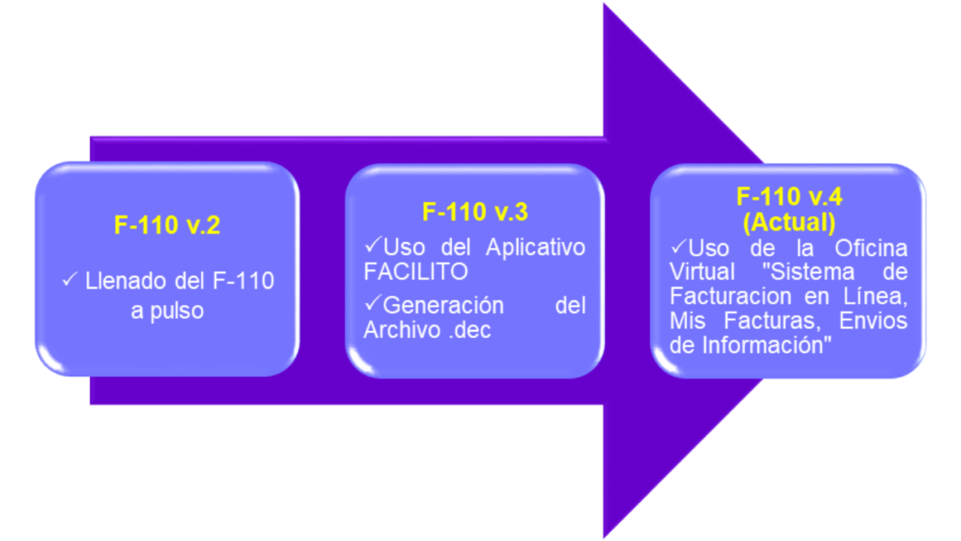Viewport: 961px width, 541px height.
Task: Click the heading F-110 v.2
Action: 166,225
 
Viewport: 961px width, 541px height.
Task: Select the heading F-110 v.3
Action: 474,212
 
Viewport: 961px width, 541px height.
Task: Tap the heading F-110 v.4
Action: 788,197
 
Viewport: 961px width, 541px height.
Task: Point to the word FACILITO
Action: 416,271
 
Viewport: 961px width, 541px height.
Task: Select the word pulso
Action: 178,311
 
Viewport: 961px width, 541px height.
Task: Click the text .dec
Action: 469,330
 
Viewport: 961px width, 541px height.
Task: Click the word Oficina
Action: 871,247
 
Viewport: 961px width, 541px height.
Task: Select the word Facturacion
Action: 724,295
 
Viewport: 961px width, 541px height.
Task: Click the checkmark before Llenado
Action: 70,280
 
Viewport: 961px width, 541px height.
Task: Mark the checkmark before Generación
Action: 373,304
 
